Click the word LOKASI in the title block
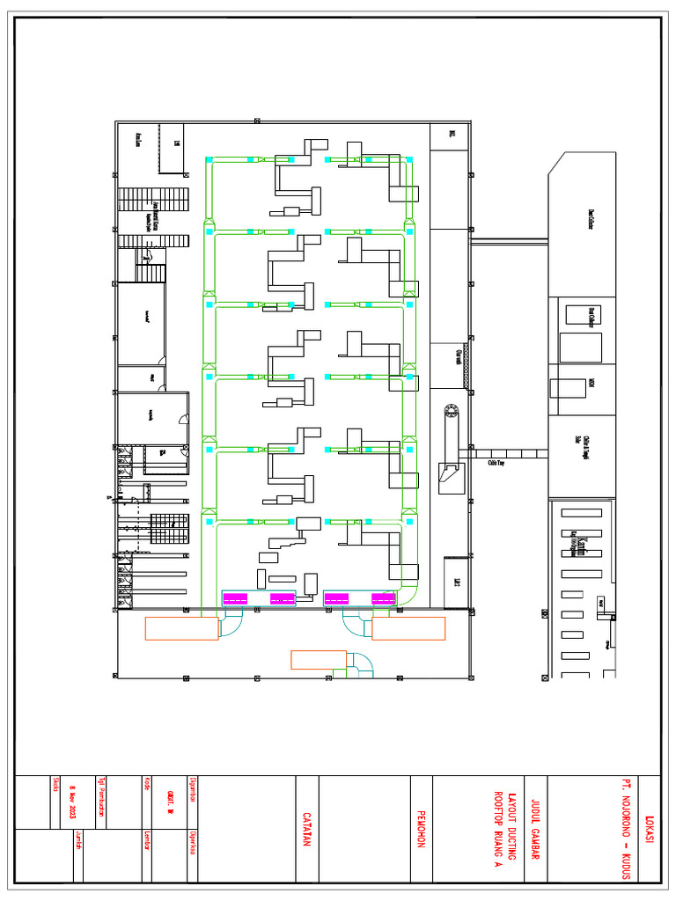650,829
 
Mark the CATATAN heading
307,829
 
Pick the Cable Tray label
496,461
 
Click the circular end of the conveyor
452,410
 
